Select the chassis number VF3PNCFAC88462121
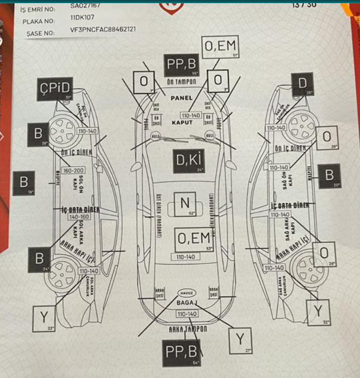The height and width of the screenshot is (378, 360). tap(103, 29)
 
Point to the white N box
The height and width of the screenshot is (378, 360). tap(185, 205)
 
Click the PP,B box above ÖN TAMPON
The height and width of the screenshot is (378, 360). tap(181, 64)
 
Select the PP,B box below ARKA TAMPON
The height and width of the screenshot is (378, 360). tap(181, 351)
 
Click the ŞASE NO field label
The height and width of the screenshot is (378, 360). tap(36, 32)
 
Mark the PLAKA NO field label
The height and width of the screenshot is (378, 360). tap(37, 21)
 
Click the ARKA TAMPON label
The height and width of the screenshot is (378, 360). tap(187, 328)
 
